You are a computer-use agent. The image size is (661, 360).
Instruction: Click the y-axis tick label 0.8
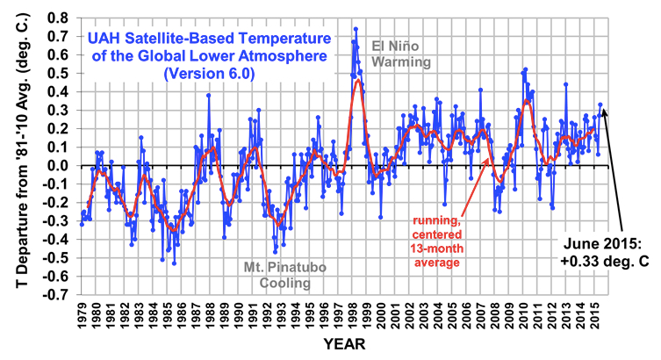coord(60,18)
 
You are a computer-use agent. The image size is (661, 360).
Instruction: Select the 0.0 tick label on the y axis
coord(60,165)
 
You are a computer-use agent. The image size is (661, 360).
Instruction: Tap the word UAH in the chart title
coord(106,38)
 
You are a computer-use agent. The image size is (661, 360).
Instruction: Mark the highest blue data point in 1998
coord(355,29)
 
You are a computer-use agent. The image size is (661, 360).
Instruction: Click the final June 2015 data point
coord(600,104)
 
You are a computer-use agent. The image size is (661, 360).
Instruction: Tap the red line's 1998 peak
coord(358,80)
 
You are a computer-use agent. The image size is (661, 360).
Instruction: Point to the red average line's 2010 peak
coord(526,101)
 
